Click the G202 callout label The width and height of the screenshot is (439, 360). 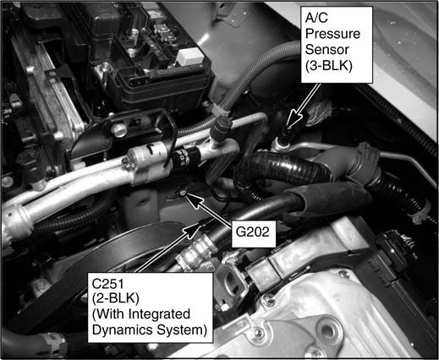pos(253,232)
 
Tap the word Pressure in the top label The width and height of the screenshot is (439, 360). pos(332,34)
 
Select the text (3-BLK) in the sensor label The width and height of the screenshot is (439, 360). pos(329,66)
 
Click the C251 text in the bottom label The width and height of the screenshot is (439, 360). pos(108,284)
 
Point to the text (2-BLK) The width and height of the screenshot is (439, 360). pos(116,299)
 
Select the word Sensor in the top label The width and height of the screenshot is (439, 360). pos(327,50)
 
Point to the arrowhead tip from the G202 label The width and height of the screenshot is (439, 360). pos(186,194)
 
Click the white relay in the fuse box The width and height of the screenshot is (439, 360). pos(189,57)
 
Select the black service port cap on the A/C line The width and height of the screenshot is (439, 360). pos(222,127)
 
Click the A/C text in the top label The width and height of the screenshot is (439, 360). pos(316,18)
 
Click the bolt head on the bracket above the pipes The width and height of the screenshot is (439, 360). pos(119,129)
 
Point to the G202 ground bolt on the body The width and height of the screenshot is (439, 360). pos(183,193)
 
